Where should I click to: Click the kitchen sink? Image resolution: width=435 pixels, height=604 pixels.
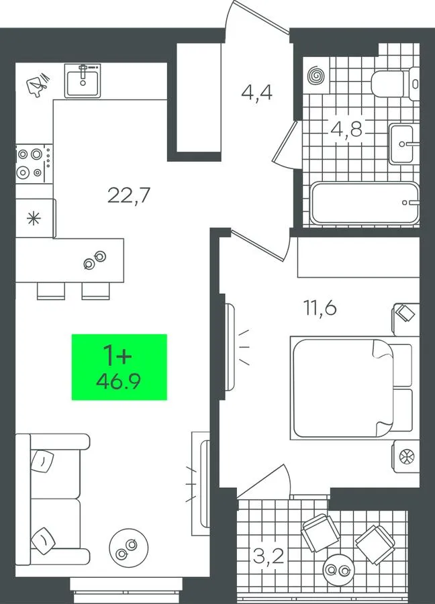click(83, 81)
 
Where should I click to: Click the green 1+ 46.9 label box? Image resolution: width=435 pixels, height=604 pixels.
click(119, 366)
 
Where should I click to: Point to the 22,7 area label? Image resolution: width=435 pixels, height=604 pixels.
click(128, 195)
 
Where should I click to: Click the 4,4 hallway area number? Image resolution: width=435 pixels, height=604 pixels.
click(256, 93)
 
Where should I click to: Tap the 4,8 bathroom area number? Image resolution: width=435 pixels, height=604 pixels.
click(346, 129)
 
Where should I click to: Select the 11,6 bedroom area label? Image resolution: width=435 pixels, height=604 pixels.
click(320, 308)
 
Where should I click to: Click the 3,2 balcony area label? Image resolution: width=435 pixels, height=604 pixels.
click(269, 556)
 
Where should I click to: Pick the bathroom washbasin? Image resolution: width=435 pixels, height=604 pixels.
click(403, 144)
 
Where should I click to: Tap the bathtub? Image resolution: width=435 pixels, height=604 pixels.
click(365, 203)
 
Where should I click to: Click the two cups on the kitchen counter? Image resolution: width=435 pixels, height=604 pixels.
click(95, 260)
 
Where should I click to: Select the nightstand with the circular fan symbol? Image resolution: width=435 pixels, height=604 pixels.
click(405, 457)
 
